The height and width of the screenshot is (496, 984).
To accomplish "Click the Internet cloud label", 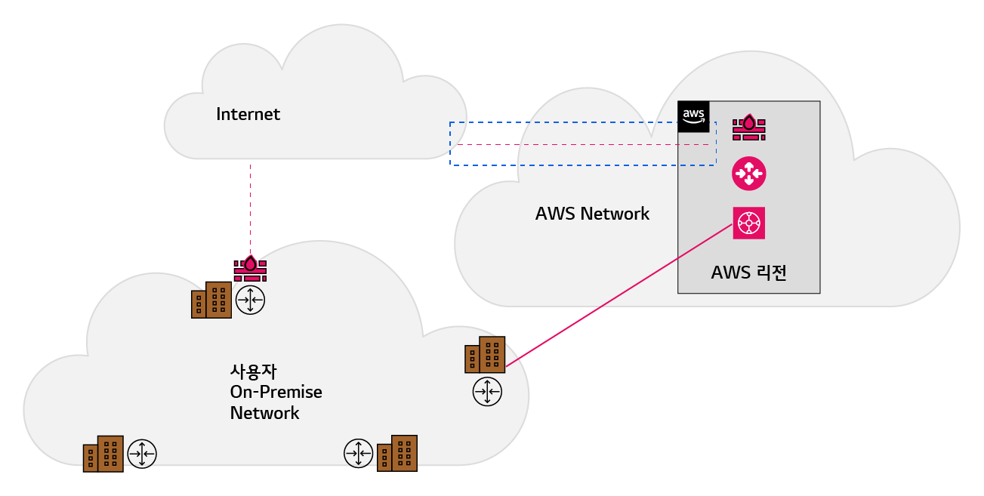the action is click(248, 114).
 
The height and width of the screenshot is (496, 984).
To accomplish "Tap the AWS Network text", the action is click(592, 214).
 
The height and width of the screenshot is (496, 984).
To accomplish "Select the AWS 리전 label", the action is click(748, 273).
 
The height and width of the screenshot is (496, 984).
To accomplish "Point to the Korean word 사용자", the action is click(254, 371).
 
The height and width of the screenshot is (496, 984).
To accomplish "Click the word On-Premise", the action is click(276, 392).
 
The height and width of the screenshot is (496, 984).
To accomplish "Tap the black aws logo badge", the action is click(693, 116).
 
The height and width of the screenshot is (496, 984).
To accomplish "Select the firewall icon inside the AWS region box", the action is click(748, 128).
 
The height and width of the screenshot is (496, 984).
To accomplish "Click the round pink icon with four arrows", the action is click(748, 174).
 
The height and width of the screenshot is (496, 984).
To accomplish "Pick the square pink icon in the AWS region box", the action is click(748, 223).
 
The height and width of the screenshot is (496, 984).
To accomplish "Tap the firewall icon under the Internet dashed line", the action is click(250, 268).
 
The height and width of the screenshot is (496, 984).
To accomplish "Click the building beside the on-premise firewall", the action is click(211, 300).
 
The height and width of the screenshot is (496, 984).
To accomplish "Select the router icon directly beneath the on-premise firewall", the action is click(250, 300).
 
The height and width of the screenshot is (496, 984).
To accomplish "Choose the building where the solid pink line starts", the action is click(485, 355).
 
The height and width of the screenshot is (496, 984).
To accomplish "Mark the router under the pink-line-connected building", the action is click(487, 392).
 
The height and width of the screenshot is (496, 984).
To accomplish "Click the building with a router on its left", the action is click(397, 454).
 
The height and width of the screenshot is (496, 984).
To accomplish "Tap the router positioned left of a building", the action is click(359, 454).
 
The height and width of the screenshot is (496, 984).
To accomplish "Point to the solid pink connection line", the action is click(619, 295).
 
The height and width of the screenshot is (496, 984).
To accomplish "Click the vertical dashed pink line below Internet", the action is click(251, 210).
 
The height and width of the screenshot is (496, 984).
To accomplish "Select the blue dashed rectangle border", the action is click(582, 122).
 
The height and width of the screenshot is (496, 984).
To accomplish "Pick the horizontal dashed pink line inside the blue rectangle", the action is click(582, 144).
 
